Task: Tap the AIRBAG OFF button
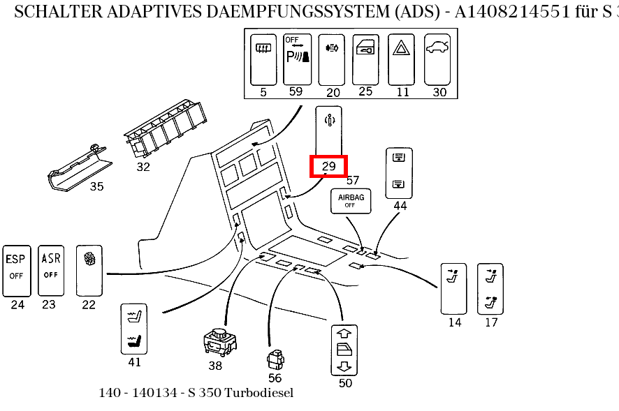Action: pos(351,202)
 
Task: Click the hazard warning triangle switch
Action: pos(402,59)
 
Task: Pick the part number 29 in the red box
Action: pos(329,166)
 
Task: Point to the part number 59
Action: pos(296,92)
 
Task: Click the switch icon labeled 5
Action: pos(263,59)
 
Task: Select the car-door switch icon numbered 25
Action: pos(365,59)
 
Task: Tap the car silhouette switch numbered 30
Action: pos(439,59)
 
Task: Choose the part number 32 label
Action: pos(143,167)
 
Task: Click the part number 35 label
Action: pos(96,186)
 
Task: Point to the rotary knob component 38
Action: pos(219,343)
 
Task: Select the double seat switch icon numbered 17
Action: pos(490,288)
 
